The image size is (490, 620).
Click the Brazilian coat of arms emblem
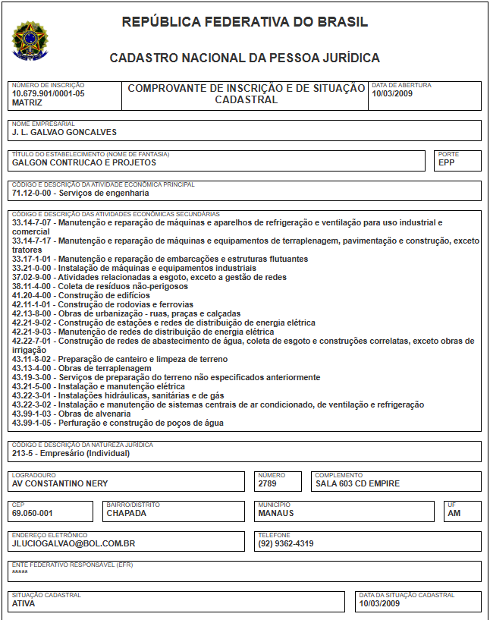tap(30, 40)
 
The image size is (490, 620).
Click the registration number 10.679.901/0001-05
tap(48, 93)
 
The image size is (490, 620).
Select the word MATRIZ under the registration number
tap(27, 102)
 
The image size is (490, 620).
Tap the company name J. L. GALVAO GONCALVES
tap(64, 132)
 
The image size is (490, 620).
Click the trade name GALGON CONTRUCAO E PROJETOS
tap(84, 162)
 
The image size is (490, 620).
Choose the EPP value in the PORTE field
tap(448, 162)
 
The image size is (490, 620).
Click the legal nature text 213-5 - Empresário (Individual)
tap(71, 454)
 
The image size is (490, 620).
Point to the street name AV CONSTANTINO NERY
tap(60, 483)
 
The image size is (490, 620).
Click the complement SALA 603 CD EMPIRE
tap(357, 483)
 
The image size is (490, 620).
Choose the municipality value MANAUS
tap(276, 513)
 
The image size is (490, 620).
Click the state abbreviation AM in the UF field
tap(454, 513)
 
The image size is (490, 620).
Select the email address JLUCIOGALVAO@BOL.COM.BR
tap(74, 543)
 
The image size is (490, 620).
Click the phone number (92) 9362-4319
tap(285, 543)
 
